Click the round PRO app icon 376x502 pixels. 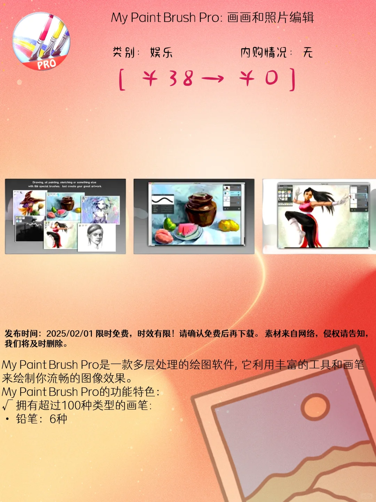pyautogui.click(x=41, y=41)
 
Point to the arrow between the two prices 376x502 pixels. pyautogui.click(x=212, y=79)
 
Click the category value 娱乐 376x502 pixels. pyautogui.click(x=161, y=53)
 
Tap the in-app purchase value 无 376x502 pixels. pyautogui.click(x=308, y=53)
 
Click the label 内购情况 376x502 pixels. pyautogui.click(x=264, y=53)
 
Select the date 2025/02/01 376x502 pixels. pyautogui.click(x=69, y=334)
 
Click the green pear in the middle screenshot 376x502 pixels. pyautogui.click(x=170, y=223)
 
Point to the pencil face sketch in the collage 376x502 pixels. pyautogui.click(x=95, y=236)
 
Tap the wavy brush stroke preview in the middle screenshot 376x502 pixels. pyautogui.click(x=162, y=200)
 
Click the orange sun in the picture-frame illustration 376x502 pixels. pyautogui.click(x=315, y=406)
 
